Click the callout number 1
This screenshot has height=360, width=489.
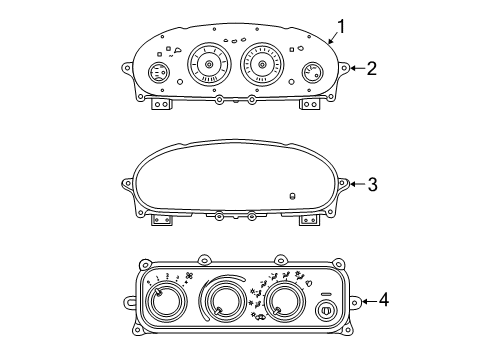[x=342, y=27]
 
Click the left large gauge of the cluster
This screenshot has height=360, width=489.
[x=209, y=66]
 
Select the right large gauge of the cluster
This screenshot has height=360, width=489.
[x=263, y=67]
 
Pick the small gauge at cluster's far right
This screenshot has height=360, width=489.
[x=312, y=73]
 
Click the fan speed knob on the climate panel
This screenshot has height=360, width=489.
[x=172, y=301]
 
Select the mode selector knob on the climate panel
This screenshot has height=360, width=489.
[x=283, y=301]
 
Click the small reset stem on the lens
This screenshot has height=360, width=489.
[x=291, y=196]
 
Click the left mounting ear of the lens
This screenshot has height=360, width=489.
[x=128, y=184]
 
